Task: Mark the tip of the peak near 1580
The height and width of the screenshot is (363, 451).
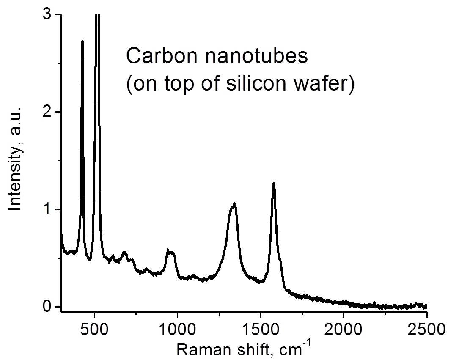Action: tap(274, 184)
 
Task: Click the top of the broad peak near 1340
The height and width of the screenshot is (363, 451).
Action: tap(234, 204)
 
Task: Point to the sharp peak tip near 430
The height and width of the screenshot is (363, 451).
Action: tap(82, 41)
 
